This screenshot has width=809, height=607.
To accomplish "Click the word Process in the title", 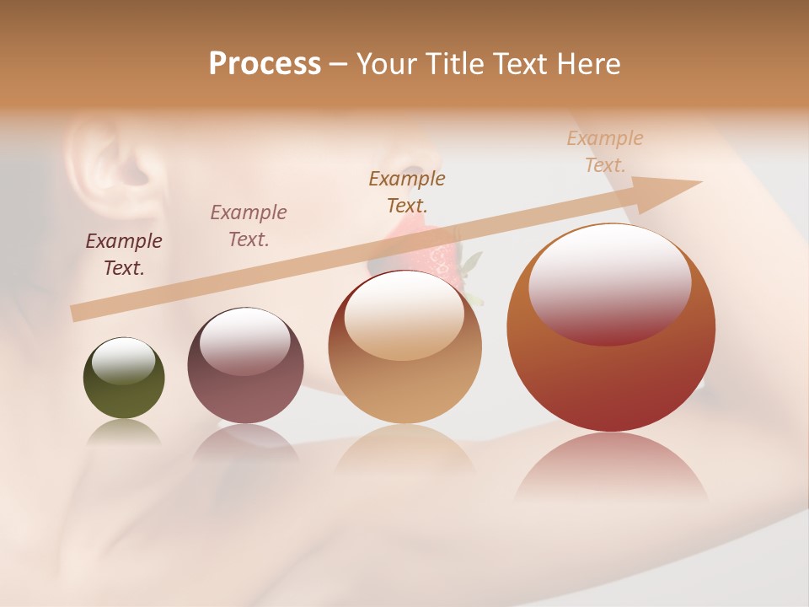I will (x=265, y=64).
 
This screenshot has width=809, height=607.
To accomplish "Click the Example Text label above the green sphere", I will (x=124, y=254).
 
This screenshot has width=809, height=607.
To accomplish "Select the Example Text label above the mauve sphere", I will (x=249, y=225).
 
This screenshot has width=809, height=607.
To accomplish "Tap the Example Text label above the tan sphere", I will (x=407, y=191).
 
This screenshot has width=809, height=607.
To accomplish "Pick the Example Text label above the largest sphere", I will (x=605, y=152).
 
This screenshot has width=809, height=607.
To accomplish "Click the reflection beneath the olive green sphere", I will (x=124, y=433).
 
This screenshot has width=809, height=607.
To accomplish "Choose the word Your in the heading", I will (x=387, y=64).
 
